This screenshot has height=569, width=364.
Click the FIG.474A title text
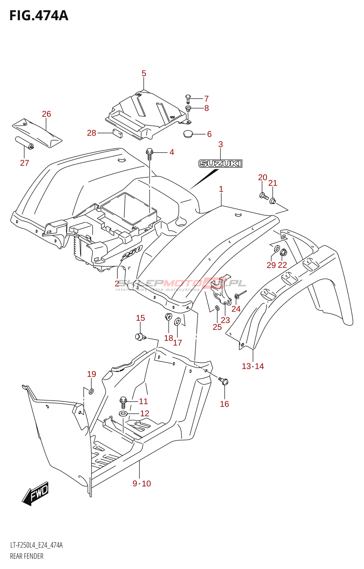click(38, 16)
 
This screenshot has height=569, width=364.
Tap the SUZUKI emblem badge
click(220, 163)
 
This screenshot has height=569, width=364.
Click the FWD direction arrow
click(36, 494)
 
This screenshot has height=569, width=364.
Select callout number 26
click(47, 114)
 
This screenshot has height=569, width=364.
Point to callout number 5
click(144, 73)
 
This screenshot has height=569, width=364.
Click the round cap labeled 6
click(189, 134)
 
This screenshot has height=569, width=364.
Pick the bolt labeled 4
click(149, 153)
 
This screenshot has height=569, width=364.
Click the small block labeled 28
click(117, 133)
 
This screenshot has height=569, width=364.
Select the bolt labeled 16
click(224, 381)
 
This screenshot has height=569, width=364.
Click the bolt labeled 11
click(123, 402)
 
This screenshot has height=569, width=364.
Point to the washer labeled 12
click(123, 414)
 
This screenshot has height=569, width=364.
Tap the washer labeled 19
click(91, 392)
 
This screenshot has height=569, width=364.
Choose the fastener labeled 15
click(140, 336)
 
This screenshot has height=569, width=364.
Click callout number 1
click(221, 189)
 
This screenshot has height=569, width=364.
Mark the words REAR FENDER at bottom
click(27, 556)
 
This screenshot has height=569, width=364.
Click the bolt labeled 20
click(264, 196)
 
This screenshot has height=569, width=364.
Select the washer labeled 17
click(177, 322)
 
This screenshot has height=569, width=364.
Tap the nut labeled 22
click(283, 253)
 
